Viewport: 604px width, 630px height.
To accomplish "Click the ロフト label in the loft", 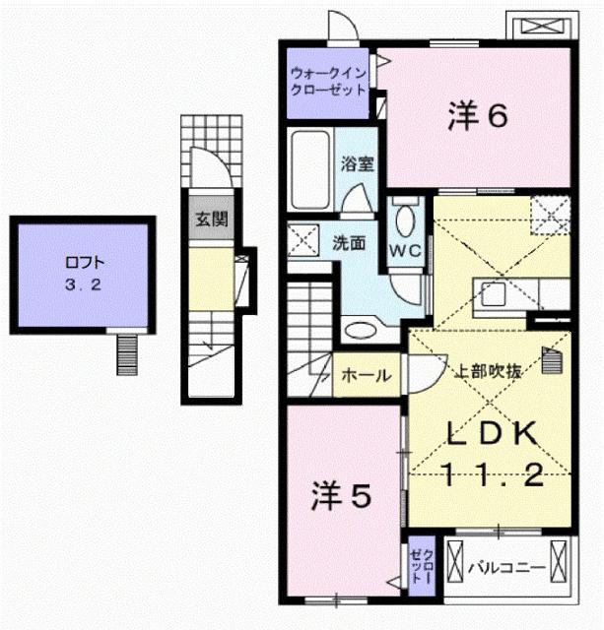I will pyautogui.click(x=84, y=263).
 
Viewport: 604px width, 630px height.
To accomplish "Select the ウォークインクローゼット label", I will pyautogui.click(x=328, y=80).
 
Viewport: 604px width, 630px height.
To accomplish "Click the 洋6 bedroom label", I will pyautogui.click(x=478, y=117).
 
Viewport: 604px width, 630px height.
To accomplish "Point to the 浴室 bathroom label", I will pyautogui.click(x=357, y=163).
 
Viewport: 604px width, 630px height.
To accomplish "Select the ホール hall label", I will pyautogui.click(x=366, y=375).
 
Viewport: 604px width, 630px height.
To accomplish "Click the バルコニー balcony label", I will pyautogui.click(x=505, y=567).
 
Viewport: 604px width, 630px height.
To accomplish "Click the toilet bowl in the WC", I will pyautogui.click(x=405, y=217).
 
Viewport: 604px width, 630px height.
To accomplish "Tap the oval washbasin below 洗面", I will pyautogui.click(x=361, y=330).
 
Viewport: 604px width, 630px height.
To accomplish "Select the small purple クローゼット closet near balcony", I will pyautogui.click(x=423, y=566).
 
